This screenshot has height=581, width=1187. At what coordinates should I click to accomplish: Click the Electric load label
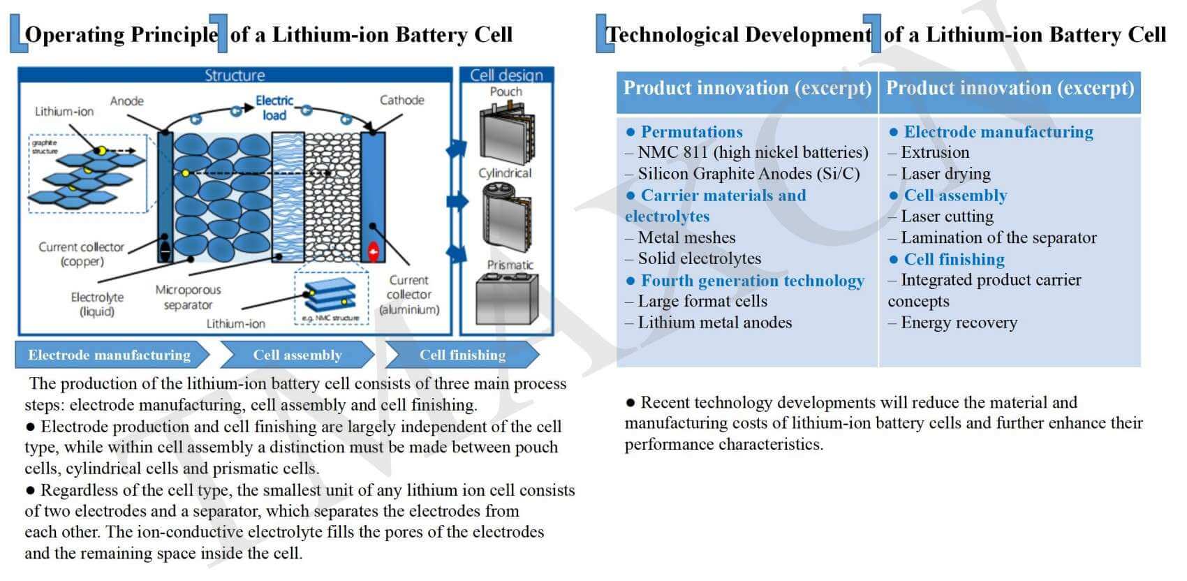pyautogui.click(x=274, y=108)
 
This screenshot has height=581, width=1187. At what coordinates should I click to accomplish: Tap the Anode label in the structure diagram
pyautogui.click(x=126, y=101)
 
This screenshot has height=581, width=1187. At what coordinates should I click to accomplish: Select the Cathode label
pyautogui.click(x=401, y=100)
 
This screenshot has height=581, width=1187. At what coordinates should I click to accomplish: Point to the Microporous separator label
pyautogui.click(x=188, y=297)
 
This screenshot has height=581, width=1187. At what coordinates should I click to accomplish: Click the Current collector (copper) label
pyautogui.click(x=82, y=254)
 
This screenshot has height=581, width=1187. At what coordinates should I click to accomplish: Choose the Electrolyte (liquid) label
pyautogui.click(x=97, y=304)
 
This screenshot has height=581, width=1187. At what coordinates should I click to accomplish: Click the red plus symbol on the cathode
pyautogui.click(x=374, y=251)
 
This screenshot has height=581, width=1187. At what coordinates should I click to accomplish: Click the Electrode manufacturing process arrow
pyautogui.click(x=110, y=355)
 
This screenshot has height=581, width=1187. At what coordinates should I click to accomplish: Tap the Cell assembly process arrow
pyautogui.click(x=297, y=355)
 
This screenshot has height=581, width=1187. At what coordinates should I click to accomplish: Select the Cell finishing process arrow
pyautogui.click(x=462, y=355)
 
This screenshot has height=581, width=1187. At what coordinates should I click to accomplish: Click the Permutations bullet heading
pyautogui.click(x=691, y=132)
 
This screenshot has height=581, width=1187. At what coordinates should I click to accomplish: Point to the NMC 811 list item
pyautogui.click(x=753, y=152)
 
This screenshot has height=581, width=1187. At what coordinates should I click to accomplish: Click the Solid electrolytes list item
pyautogui.click(x=699, y=258)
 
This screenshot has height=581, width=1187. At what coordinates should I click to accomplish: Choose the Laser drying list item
pyautogui.click(x=945, y=174)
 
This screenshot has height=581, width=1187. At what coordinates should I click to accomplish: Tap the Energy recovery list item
pyautogui.click(x=959, y=323)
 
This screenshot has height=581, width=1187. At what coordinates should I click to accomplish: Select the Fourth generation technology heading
pyautogui.click(x=752, y=281)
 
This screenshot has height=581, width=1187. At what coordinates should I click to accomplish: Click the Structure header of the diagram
pyautogui.click(x=235, y=75)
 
